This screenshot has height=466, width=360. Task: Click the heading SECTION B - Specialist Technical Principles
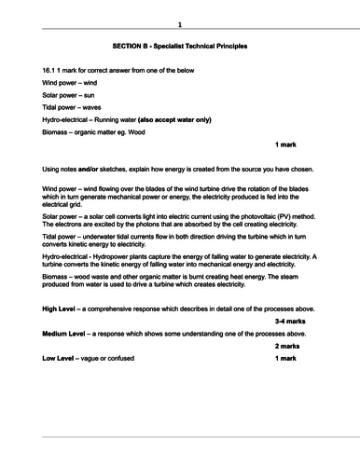pos(180,45)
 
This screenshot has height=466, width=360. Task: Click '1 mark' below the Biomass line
pos(290,147)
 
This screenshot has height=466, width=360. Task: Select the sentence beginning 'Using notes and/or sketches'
pos(178,170)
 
